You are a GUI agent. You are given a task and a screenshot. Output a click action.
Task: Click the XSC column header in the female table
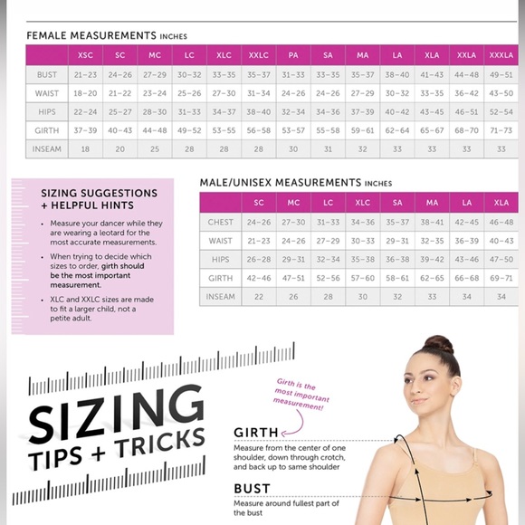[x=85, y=55]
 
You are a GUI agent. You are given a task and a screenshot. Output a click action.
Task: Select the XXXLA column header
[x=501, y=55]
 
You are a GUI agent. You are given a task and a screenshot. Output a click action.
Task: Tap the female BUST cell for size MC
[x=155, y=74]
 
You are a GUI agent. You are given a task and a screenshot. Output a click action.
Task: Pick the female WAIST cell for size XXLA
[x=466, y=93]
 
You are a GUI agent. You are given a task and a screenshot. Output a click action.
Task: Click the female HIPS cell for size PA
[x=293, y=112]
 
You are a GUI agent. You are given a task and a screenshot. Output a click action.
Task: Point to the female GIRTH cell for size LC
[x=189, y=130]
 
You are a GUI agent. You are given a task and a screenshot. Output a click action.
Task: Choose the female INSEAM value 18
[x=85, y=149]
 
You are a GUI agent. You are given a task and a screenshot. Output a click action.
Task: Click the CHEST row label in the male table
[x=220, y=222]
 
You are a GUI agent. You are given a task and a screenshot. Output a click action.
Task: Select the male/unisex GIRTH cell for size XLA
[x=501, y=278]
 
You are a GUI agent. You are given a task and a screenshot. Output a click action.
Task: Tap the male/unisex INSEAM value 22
[x=259, y=297]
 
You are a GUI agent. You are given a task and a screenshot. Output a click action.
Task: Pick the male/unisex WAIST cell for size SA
[x=397, y=241]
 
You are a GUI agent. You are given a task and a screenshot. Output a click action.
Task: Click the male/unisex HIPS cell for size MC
[x=293, y=259]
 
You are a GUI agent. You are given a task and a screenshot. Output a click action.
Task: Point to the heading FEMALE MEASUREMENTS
[x=91, y=35]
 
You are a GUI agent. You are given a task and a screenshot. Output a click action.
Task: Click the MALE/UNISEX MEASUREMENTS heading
[x=281, y=183]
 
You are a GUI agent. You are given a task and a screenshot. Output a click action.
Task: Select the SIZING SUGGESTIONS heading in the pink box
[x=99, y=193]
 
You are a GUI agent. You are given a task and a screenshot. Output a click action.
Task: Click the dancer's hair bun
[x=439, y=344]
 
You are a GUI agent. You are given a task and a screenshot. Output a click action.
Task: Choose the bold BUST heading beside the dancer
[x=252, y=489]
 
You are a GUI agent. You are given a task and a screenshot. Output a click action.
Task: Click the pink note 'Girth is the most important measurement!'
[x=301, y=394]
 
